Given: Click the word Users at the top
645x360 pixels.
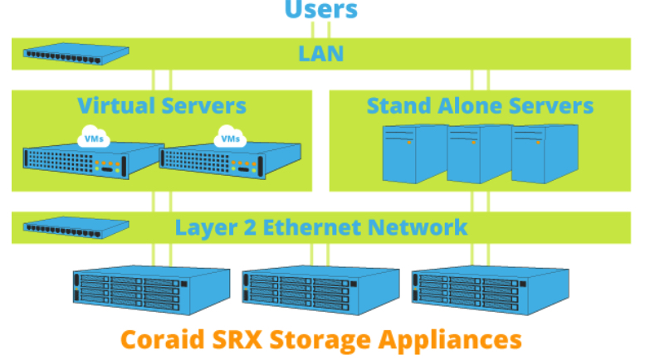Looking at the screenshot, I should tap(321, 10).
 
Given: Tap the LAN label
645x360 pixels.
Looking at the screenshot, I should tap(320, 55).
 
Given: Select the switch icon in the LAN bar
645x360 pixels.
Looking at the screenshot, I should tap(76, 55).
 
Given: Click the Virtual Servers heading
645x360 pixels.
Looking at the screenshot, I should tap(162, 106).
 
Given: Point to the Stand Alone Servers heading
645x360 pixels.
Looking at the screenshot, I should tap(480, 106).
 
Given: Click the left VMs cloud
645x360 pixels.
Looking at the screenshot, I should tap(90, 138).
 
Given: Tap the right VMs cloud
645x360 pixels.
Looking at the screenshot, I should tap(230, 138).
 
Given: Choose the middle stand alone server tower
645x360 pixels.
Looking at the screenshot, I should tap(479, 153).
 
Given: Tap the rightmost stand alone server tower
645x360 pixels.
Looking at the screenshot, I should tap(544, 153).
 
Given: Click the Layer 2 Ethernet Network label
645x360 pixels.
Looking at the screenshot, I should tap(321, 226).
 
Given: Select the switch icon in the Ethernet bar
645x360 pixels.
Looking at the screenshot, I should tap(76, 226).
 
